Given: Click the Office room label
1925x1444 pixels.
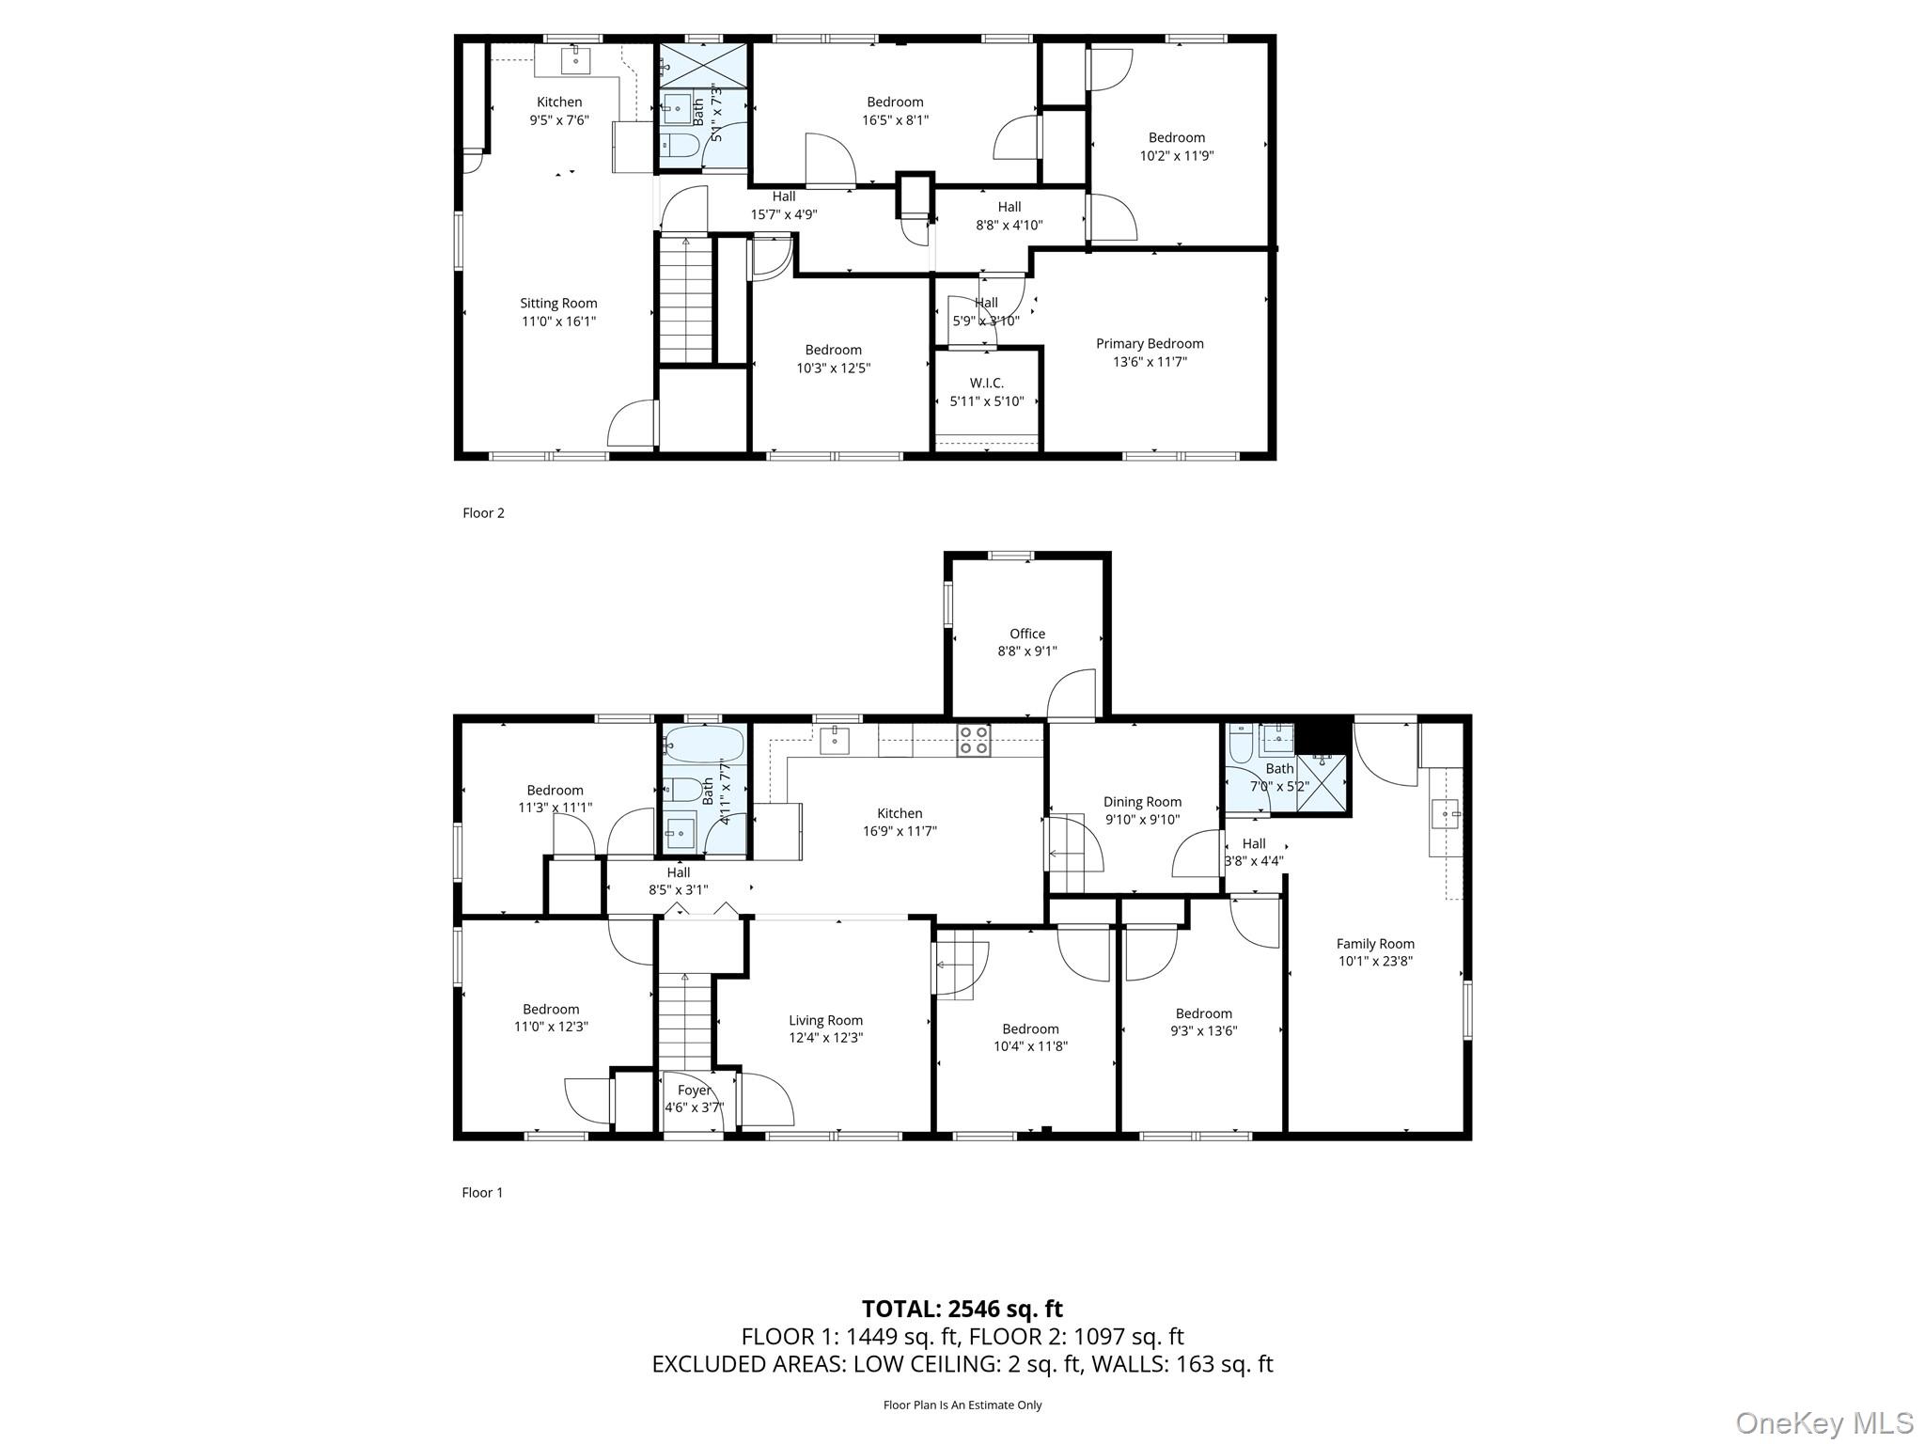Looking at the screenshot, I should (1027, 634).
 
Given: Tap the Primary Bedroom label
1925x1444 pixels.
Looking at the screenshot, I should (1150, 344).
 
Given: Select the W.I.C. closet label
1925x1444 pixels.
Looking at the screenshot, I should (987, 384).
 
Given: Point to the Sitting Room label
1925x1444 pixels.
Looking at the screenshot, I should (559, 304).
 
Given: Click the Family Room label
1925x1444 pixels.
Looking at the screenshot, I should (1375, 944).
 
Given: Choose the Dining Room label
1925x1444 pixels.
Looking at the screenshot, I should (1142, 802).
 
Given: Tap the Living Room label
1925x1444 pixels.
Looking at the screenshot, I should (825, 1020).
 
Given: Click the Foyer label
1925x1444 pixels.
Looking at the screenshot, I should (695, 1091).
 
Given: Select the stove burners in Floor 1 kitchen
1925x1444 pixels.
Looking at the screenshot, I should (973, 740).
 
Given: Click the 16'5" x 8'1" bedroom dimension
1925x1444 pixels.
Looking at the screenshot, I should (895, 120).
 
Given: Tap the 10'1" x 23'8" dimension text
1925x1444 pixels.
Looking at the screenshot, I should (1375, 961).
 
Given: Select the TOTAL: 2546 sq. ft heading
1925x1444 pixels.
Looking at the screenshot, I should (962, 1309).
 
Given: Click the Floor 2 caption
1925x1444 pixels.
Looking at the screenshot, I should (483, 513).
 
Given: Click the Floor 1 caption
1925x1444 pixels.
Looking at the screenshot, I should (482, 1193).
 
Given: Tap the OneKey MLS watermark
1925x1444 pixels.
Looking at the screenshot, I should (1823, 1422).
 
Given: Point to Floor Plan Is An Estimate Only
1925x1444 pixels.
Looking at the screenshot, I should (962, 1405).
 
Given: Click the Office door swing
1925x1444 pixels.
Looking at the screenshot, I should (1072, 696).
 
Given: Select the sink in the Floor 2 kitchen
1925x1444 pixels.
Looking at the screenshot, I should (575, 59).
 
